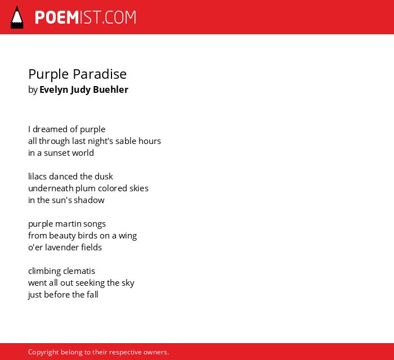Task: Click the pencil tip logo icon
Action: click(x=17, y=17)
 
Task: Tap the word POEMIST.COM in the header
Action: click(x=86, y=17)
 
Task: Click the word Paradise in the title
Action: click(x=100, y=74)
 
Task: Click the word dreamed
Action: click(x=50, y=129)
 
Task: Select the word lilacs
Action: click(x=38, y=176)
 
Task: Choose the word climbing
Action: click(x=44, y=271)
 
